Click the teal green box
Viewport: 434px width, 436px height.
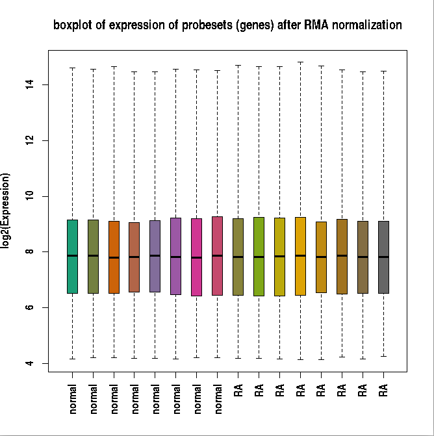coord(72,256)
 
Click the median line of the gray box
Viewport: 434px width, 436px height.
coord(383,257)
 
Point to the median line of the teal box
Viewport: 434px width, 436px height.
coord(72,255)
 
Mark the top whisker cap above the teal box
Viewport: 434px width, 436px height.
coord(72,68)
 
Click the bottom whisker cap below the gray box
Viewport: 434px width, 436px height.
coord(383,356)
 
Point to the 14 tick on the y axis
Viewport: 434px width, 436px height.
coord(47,84)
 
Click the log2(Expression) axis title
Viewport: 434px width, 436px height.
coord(6,210)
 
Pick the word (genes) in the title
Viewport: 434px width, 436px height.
coord(256,26)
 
